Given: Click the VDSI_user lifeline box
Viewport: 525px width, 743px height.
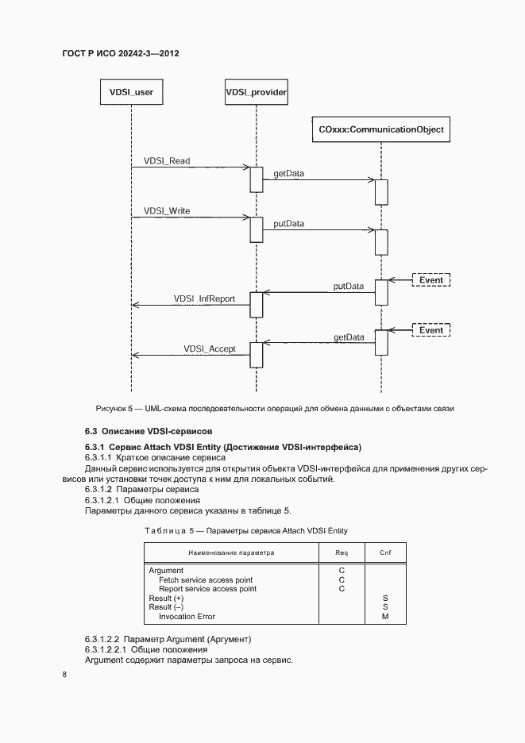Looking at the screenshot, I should click(131, 92).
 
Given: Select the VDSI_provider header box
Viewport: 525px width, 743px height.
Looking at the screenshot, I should click(256, 92).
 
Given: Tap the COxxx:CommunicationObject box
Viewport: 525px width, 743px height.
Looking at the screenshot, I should click(381, 129).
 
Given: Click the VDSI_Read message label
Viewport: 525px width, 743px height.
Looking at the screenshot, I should click(167, 161).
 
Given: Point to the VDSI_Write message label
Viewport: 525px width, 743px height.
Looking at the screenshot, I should click(167, 212).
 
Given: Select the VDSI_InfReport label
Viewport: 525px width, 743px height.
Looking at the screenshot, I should click(204, 299).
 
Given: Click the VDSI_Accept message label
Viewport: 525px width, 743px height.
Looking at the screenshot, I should click(210, 348).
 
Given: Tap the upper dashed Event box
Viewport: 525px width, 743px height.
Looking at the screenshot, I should click(430, 279).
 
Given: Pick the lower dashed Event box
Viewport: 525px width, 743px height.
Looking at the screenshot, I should click(430, 329).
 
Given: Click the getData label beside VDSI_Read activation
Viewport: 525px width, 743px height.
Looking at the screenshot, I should click(288, 172).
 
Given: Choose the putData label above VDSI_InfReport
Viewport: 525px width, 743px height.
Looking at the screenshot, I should click(349, 286).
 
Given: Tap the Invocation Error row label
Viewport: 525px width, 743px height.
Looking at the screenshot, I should click(187, 617).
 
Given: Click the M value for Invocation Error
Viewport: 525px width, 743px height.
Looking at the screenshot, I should click(385, 617).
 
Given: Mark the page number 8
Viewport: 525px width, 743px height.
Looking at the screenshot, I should click(64, 675).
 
